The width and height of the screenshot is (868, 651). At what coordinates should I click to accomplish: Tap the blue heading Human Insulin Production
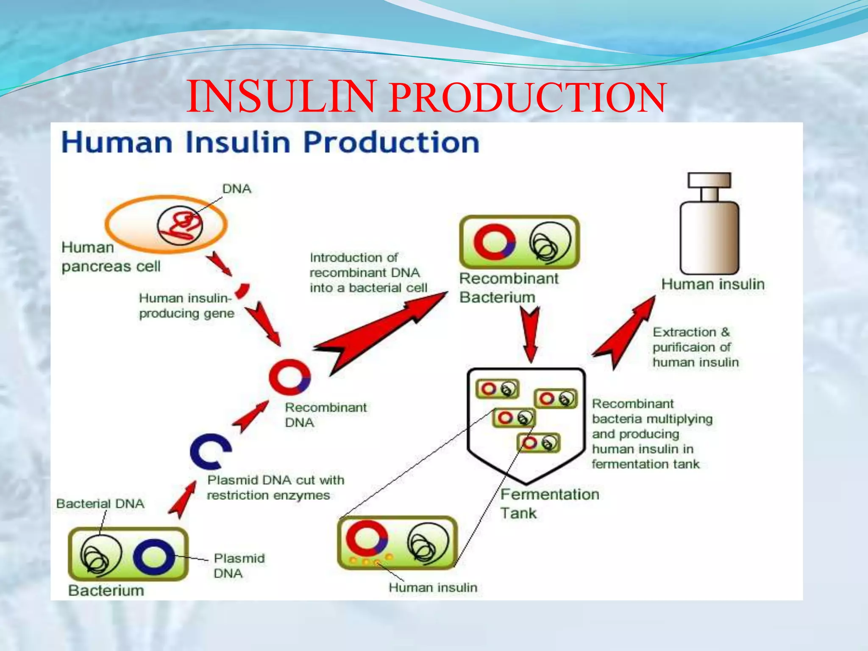click(270, 142)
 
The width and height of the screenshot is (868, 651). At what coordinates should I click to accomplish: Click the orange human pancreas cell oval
click(127, 225)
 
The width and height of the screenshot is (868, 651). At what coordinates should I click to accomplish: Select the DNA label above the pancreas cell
click(236, 189)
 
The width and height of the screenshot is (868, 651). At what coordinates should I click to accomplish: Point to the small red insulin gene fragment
click(242, 291)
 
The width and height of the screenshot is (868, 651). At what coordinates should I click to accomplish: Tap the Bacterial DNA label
click(100, 504)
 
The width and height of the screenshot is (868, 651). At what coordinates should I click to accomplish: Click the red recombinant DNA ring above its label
click(289, 375)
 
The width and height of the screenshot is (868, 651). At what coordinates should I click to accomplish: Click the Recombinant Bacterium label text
click(508, 288)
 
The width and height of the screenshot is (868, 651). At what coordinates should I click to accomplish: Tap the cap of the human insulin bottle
click(709, 180)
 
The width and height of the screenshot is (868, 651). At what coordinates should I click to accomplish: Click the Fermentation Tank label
click(549, 504)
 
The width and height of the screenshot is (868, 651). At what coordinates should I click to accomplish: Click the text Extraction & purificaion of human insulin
click(695, 347)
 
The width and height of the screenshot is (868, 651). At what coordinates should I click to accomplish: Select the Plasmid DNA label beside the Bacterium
click(239, 566)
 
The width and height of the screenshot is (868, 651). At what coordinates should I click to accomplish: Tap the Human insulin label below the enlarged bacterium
click(433, 587)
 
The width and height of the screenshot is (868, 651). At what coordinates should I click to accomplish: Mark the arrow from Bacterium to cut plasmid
click(182, 500)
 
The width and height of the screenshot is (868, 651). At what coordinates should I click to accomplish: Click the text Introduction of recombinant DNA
click(368, 273)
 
